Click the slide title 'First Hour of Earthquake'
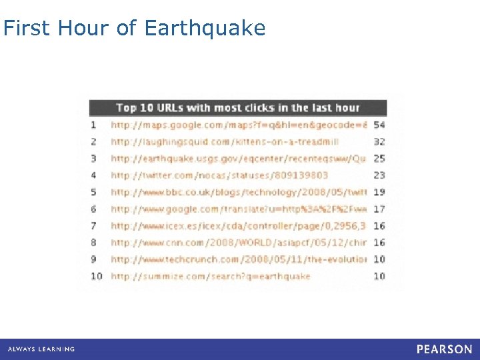coord(135,28)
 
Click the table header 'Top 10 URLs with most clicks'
coord(237,108)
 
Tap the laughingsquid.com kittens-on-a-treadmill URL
coord(225,141)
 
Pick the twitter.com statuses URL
coord(219,175)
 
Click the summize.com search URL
coord(211,276)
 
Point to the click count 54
coord(379,125)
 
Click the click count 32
coord(379,141)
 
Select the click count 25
coord(379,159)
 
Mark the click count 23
coord(379,175)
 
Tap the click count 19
coord(379,192)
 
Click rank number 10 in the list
coord(97,276)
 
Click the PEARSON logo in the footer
coord(444,349)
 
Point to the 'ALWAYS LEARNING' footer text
coord(41,349)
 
